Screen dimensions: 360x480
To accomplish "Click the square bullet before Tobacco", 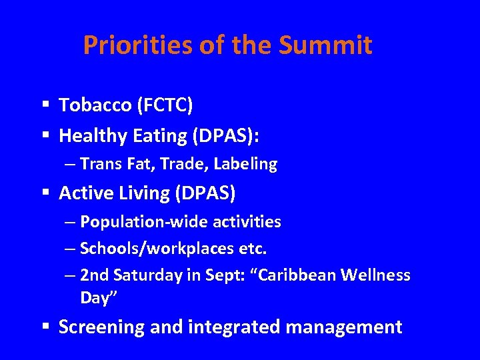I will click(x=45, y=105).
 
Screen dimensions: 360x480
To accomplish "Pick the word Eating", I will click(x=158, y=136).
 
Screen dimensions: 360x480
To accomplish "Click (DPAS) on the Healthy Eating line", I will click(x=225, y=136).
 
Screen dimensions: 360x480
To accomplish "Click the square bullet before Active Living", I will click(x=45, y=193).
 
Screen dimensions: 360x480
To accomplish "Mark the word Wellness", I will click(x=380, y=275).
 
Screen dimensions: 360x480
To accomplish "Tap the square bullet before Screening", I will click(x=45, y=327).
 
